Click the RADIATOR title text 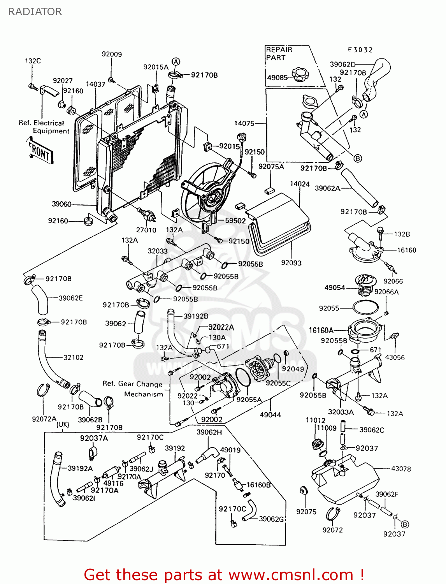(x=35, y=12)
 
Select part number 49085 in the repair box (x=277, y=77)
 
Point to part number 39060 (x=61, y=204)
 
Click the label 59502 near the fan (x=235, y=221)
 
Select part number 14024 (x=300, y=184)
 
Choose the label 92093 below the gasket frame (x=291, y=263)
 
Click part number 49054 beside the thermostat (x=335, y=287)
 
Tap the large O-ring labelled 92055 (x=365, y=307)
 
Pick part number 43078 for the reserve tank (x=401, y=469)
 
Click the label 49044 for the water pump (x=270, y=415)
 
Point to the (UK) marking (x=63, y=425)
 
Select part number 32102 (x=73, y=357)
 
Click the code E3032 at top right (x=360, y=50)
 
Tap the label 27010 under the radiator (x=146, y=230)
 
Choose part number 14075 (x=244, y=123)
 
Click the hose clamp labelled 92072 (x=332, y=515)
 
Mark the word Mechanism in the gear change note (x=144, y=394)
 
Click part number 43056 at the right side (x=395, y=357)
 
